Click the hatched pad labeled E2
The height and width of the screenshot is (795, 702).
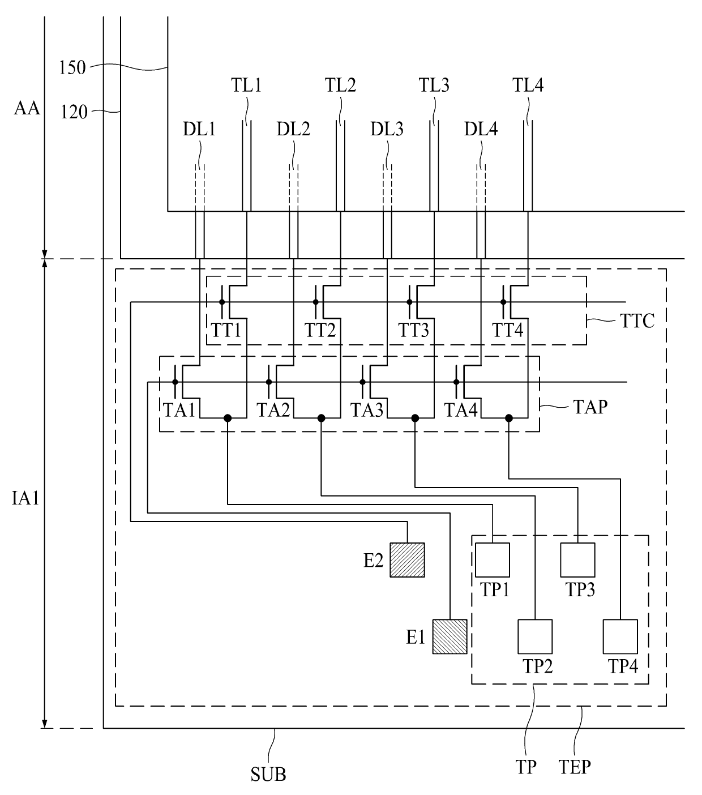(x=407, y=560)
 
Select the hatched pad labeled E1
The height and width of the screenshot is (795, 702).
(x=450, y=636)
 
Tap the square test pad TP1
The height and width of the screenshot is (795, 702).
(x=493, y=560)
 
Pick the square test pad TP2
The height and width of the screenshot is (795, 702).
(x=535, y=636)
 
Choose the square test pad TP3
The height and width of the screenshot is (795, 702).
(x=577, y=560)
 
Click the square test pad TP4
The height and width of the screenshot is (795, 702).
(x=620, y=636)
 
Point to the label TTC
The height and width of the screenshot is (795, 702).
(x=637, y=321)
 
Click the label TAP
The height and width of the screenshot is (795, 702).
(x=590, y=407)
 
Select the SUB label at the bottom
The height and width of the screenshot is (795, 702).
(x=268, y=774)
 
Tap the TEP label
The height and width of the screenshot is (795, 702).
(x=575, y=767)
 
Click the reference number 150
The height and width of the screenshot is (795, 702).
(x=72, y=67)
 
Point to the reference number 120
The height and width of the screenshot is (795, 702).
(x=74, y=112)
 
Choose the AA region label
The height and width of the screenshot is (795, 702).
(x=27, y=108)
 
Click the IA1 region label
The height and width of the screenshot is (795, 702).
(x=25, y=498)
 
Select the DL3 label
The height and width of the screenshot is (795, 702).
(x=387, y=129)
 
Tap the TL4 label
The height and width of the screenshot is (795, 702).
(x=528, y=85)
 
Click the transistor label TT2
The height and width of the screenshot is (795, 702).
(x=320, y=330)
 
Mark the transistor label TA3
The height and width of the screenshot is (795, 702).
(x=366, y=410)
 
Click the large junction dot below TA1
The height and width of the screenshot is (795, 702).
(x=228, y=418)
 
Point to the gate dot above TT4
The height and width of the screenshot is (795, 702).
(x=503, y=302)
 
